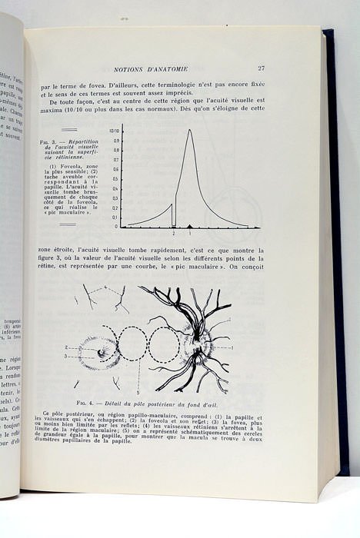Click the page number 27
tap(262, 68)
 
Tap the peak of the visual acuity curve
tap(190, 130)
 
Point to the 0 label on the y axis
tap(116, 227)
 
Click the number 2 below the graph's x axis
tap(174, 233)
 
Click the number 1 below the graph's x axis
tap(190, 233)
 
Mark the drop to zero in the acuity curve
tap(173, 215)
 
